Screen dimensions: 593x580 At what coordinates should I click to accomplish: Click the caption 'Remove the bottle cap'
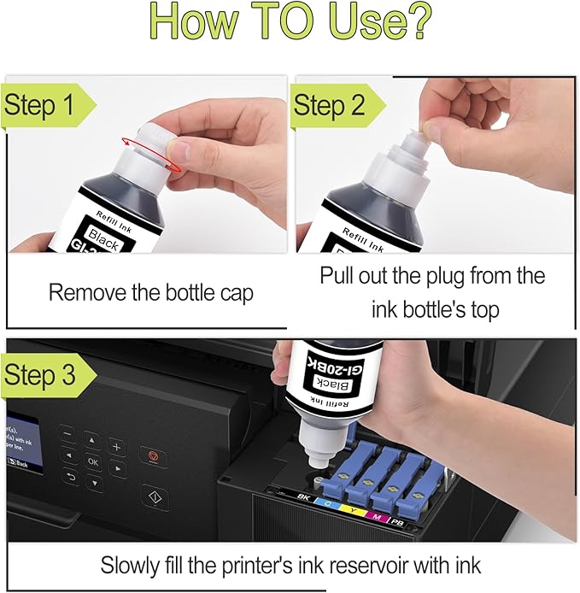(x=150, y=293)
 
